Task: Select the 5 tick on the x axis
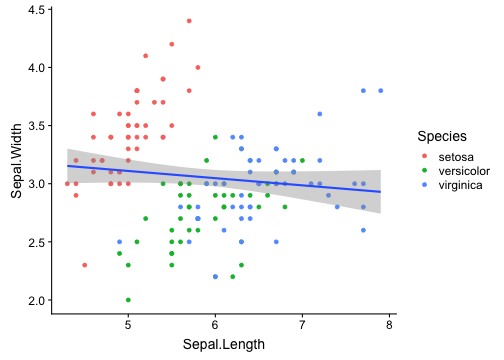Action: click(x=128, y=326)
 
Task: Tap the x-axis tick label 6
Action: click(x=215, y=326)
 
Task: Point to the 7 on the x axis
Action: click(x=302, y=326)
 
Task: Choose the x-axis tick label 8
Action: click(x=389, y=326)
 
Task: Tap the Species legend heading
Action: click(x=441, y=136)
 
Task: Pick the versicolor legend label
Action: click(x=464, y=170)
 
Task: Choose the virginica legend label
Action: click(x=461, y=185)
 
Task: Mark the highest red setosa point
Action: click(x=189, y=21)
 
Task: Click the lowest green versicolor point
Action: click(x=128, y=299)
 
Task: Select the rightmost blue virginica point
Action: click(x=381, y=91)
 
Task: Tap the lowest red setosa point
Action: click(x=84, y=265)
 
